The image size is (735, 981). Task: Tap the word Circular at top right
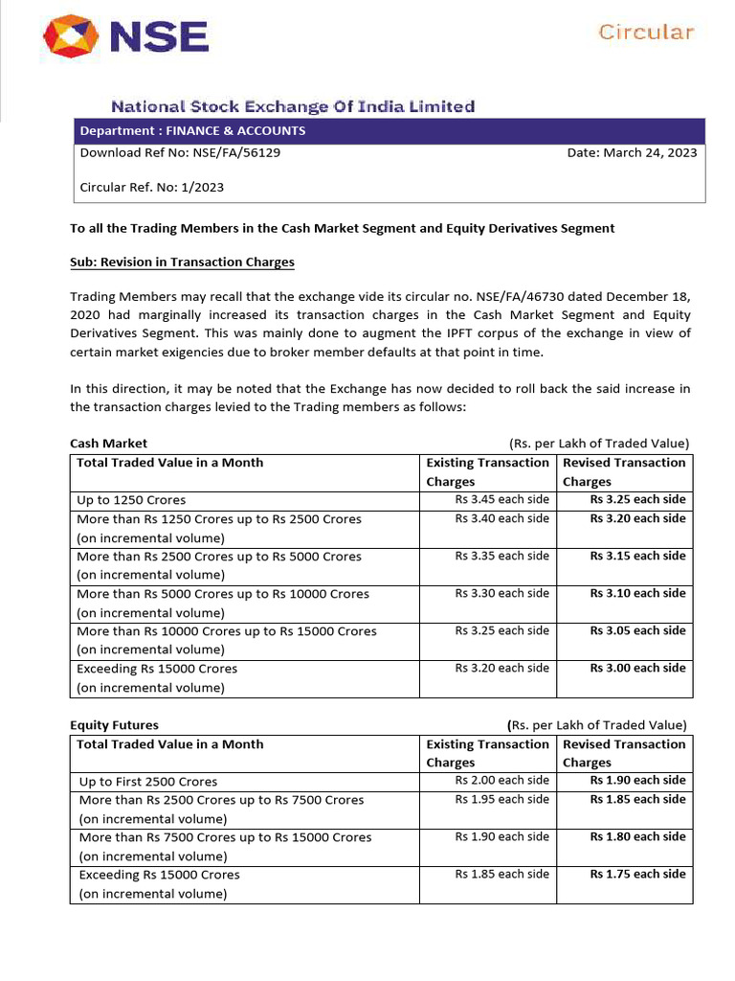tap(646, 32)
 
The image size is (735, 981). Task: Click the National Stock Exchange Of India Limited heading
tap(293, 106)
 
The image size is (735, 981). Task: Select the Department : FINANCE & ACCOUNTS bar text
tap(192, 131)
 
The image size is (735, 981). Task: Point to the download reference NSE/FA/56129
tap(238, 152)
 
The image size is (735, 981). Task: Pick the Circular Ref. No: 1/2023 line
tap(151, 187)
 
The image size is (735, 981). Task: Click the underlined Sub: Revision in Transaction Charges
tap(182, 262)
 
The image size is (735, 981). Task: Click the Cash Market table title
tap(108, 443)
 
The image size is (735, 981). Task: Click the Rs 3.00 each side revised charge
tap(637, 668)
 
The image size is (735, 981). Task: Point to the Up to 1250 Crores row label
tap(131, 500)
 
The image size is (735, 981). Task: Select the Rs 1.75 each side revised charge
tap(637, 874)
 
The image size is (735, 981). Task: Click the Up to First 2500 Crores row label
tap(148, 782)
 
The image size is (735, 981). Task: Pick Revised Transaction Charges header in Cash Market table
tap(624, 471)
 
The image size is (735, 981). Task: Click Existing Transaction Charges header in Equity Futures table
tap(487, 753)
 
